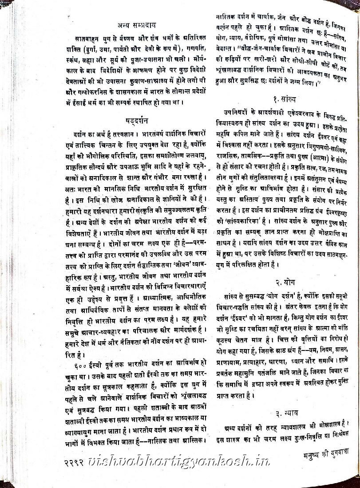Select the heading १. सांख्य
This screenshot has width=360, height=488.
pyautogui.click(x=285, y=99)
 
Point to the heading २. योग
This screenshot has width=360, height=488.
pyautogui.click(x=285, y=283)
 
